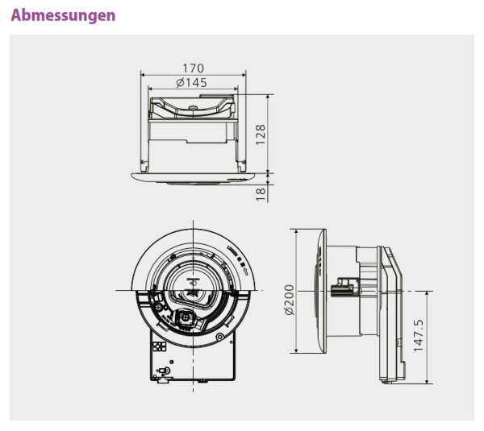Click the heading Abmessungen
click(63, 15)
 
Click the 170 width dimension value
click(193, 68)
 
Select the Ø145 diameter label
click(193, 82)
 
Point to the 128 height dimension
click(261, 134)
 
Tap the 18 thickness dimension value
click(261, 193)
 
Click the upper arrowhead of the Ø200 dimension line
click(298, 232)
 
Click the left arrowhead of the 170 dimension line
click(144, 75)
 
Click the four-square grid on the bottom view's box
click(158, 346)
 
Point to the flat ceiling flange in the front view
click(193, 176)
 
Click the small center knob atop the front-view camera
click(194, 107)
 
